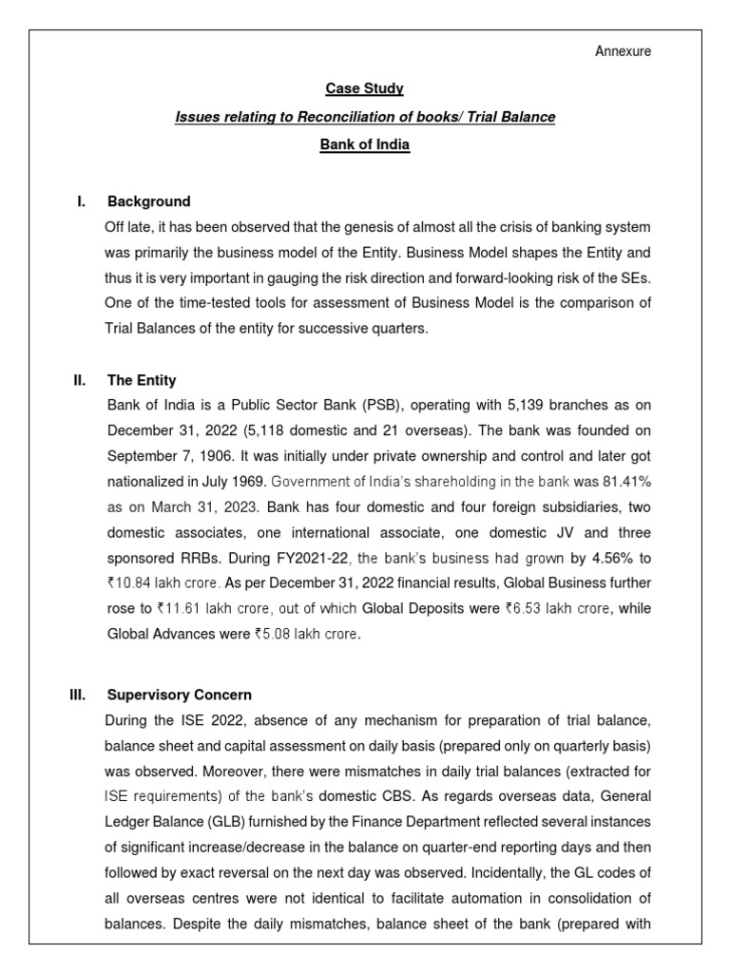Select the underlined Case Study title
point(365,88)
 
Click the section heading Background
point(148,201)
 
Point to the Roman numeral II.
point(80,380)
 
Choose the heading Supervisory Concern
point(180,695)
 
